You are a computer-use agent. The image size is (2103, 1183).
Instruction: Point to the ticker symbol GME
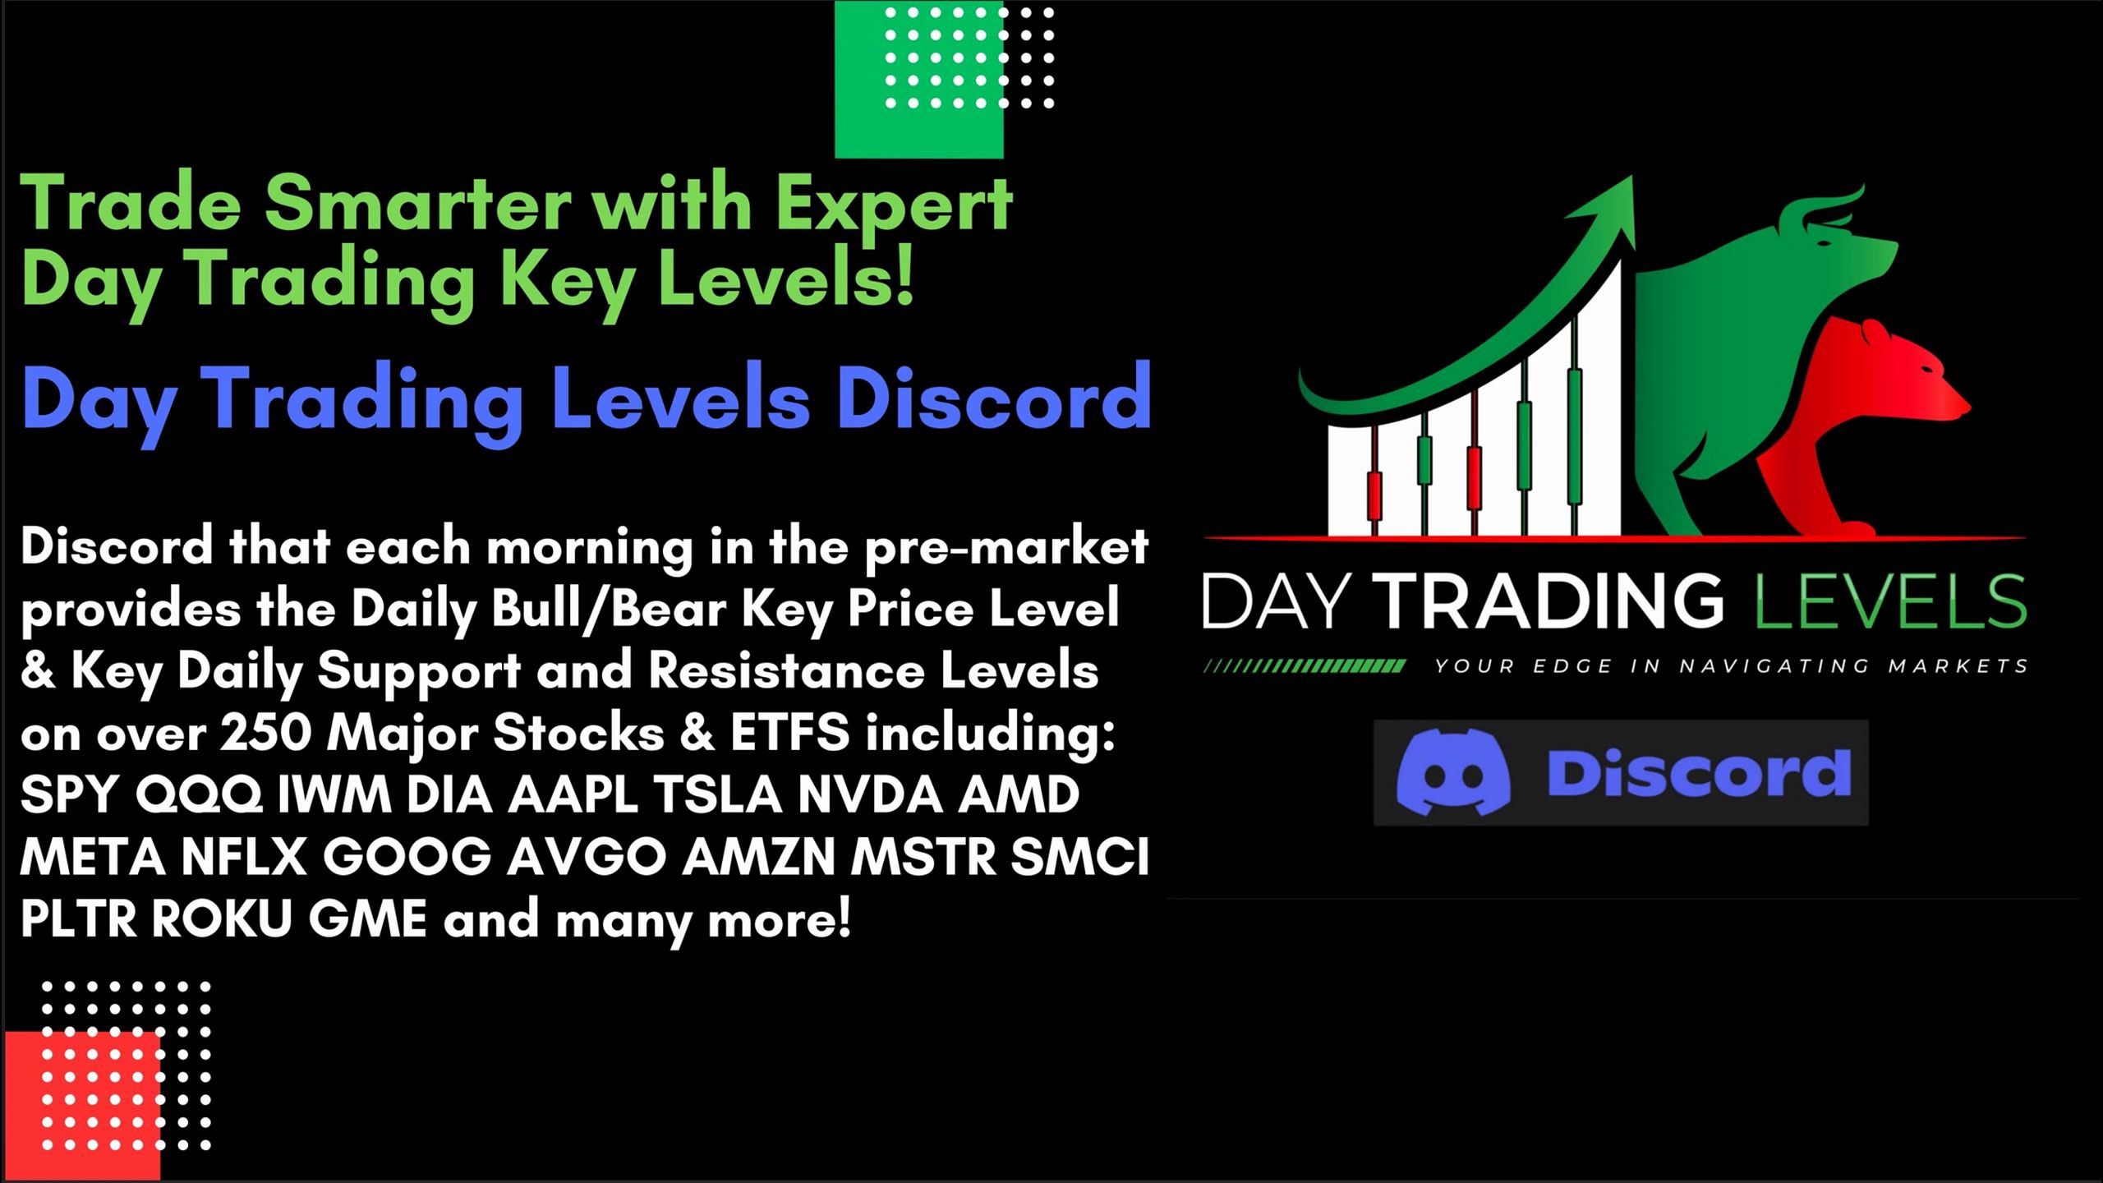(x=367, y=919)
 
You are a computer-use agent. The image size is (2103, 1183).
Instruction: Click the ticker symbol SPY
(x=69, y=795)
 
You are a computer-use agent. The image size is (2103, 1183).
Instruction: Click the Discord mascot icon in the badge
(x=1452, y=771)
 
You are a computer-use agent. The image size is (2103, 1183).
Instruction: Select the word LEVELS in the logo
(x=1889, y=601)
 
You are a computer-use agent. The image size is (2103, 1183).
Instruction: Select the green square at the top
(x=918, y=78)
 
